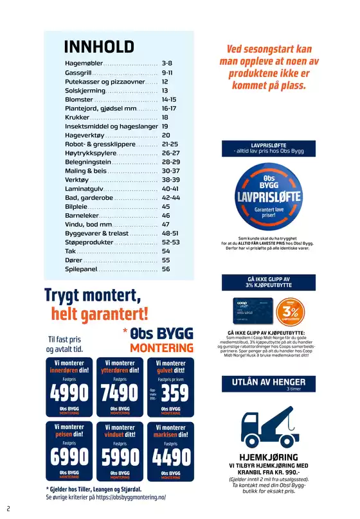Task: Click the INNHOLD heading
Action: pyautogui.click(x=99, y=47)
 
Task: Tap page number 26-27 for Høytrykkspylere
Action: pyautogui.click(x=170, y=154)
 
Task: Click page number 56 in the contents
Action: pyautogui.click(x=166, y=269)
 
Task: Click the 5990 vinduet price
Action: pyautogui.click(x=120, y=457)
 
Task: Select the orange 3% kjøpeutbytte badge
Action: pyautogui.click(x=290, y=311)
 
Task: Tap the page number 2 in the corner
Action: pyautogui.click(x=8, y=508)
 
